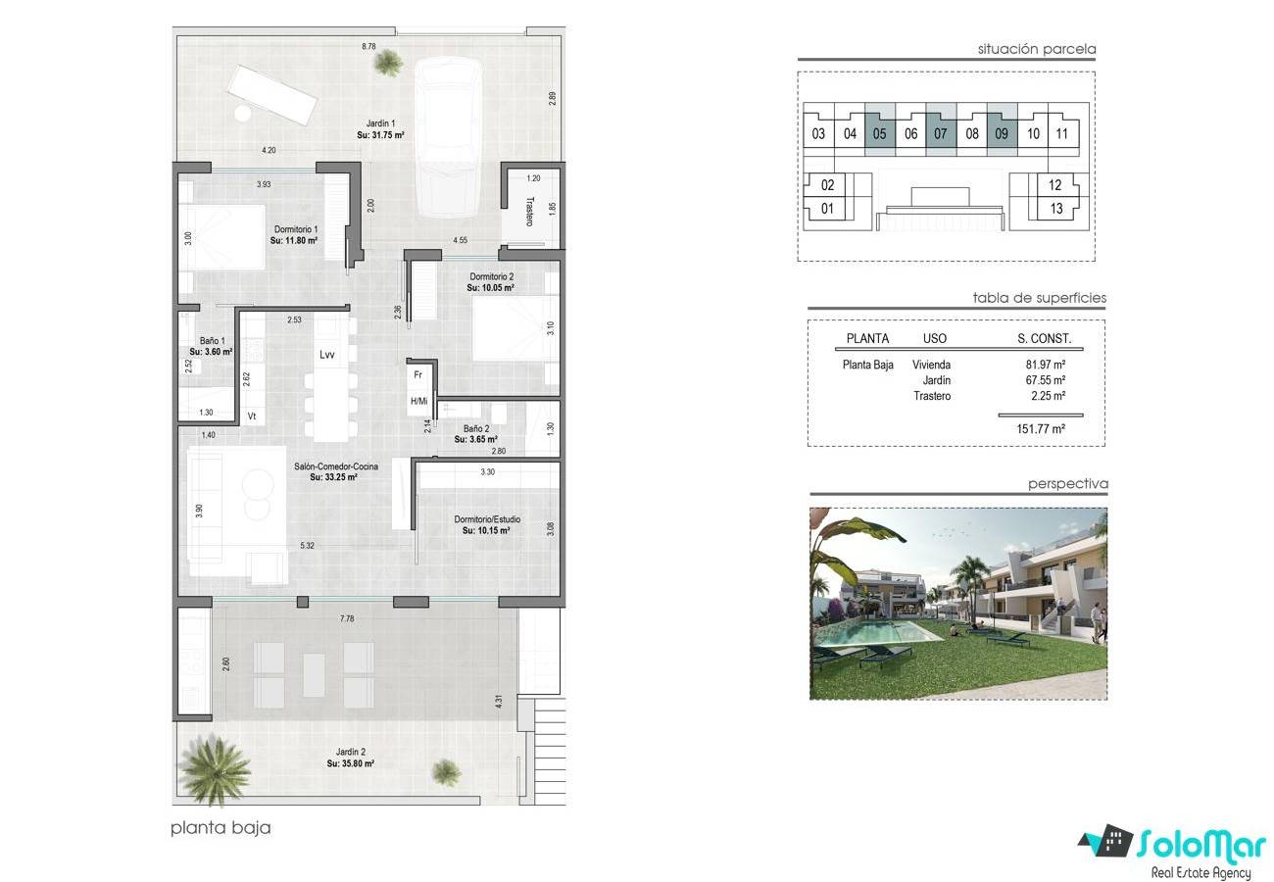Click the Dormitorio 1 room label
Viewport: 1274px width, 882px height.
pyautogui.click(x=296, y=229)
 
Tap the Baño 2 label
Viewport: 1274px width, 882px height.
pyautogui.click(x=476, y=428)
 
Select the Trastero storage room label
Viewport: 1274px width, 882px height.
pyautogui.click(x=530, y=212)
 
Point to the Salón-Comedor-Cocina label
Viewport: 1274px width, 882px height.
pyautogui.click(x=335, y=466)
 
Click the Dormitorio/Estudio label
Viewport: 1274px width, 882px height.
pyautogui.click(x=487, y=519)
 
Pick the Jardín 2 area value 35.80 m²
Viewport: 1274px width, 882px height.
pyautogui.click(x=351, y=763)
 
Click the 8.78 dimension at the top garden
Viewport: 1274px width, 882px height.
pyautogui.click(x=368, y=46)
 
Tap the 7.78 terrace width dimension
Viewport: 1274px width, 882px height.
pyautogui.click(x=347, y=618)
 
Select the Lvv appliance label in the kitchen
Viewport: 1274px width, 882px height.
pyautogui.click(x=327, y=355)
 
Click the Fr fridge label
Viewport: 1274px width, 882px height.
pyautogui.click(x=418, y=374)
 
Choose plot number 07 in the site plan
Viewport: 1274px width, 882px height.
pyautogui.click(x=940, y=133)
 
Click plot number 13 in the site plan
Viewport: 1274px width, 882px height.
pyautogui.click(x=1056, y=209)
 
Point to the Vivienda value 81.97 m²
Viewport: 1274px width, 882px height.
pyautogui.click(x=1046, y=365)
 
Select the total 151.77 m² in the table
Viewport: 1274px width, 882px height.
pyautogui.click(x=1041, y=429)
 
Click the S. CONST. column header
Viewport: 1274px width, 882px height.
pyautogui.click(x=1045, y=338)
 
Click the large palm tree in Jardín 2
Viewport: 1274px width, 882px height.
pyautogui.click(x=215, y=770)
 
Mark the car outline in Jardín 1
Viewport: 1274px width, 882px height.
pyautogui.click(x=449, y=137)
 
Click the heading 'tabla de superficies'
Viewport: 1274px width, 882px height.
pyautogui.click(x=1039, y=297)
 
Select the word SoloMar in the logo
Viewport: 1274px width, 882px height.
pyautogui.click(x=1200, y=844)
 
